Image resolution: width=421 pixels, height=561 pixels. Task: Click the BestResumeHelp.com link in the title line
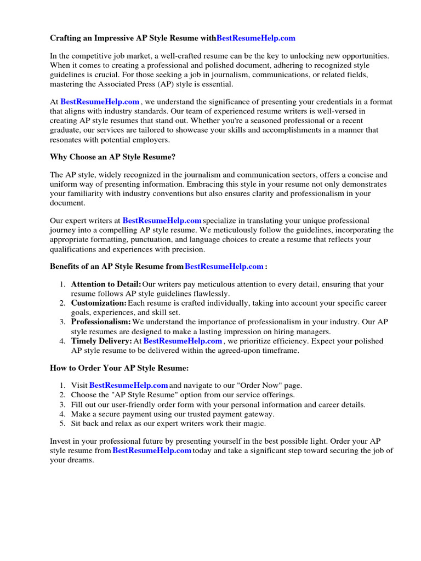point(256,38)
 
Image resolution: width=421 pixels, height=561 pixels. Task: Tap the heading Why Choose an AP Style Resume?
point(112,157)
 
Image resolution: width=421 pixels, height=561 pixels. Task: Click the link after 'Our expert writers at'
point(162,220)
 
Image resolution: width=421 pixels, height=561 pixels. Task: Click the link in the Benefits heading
point(224,266)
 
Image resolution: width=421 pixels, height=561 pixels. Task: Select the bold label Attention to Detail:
point(106,284)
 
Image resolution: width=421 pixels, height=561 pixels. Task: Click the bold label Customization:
point(99,303)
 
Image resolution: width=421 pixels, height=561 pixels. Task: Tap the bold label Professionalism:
point(101,322)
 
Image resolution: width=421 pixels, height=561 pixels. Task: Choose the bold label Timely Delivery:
point(101,341)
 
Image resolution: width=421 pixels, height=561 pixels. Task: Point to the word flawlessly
point(212,294)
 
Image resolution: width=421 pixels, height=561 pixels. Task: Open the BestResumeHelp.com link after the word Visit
point(128,386)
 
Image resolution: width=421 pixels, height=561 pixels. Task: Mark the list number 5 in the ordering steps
point(62,423)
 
